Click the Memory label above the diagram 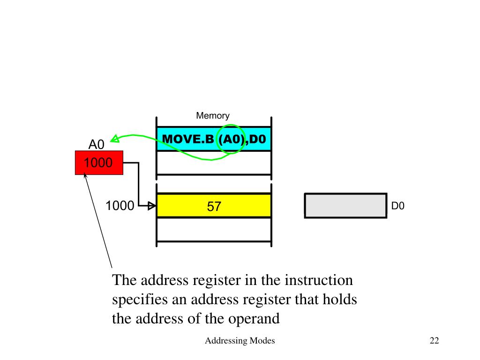click(212, 115)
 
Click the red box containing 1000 click(99, 163)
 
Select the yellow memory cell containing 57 click(214, 206)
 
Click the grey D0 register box click(345, 205)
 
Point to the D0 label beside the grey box click(398, 206)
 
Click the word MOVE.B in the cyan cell click(188, 139)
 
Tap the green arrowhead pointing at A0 click(115, 139)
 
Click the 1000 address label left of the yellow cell click(120, 206)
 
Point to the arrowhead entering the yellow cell click(152, 206)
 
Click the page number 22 click(434, 341)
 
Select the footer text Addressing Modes click(240, 341)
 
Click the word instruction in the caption click(319, 281)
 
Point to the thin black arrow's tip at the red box click(85, 176)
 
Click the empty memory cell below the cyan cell click(214, 163)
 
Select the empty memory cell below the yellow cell click(214, 229)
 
